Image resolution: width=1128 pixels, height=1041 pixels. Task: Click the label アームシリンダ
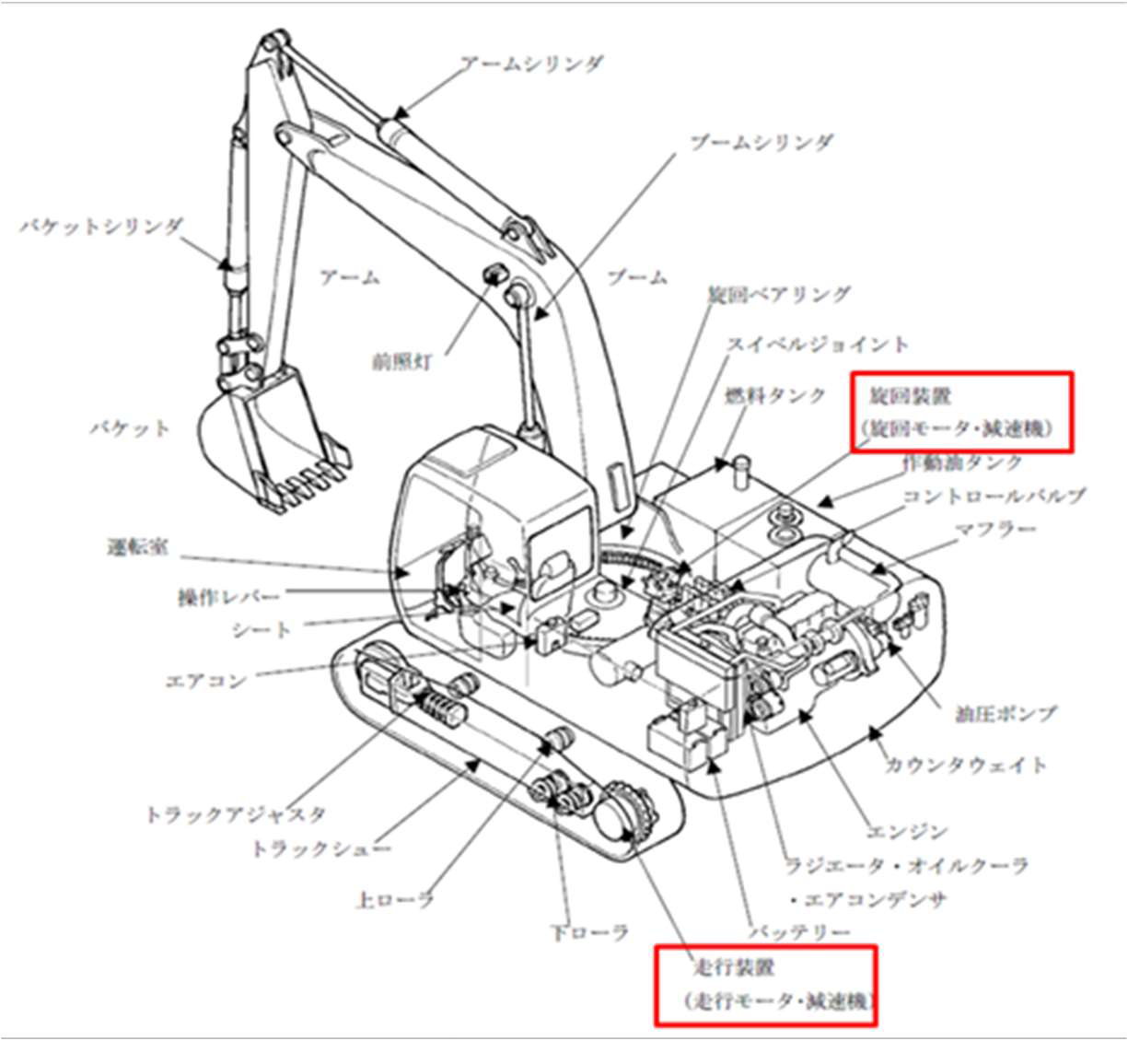coord(531,64)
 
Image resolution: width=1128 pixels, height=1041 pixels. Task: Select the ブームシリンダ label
coord(761,143)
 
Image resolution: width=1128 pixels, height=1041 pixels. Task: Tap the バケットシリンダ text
coord(102,226)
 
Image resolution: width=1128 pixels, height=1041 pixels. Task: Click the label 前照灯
coord(402,361)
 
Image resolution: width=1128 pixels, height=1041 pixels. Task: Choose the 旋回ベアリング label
coord(778,295)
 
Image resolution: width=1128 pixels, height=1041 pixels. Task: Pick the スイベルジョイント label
coord(817,345)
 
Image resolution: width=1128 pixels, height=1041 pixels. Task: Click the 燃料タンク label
coord(775,395)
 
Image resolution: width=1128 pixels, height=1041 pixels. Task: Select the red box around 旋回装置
coord(960,412)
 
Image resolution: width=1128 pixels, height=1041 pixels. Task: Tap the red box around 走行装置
coord(764,985)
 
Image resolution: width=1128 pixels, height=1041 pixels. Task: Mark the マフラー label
coord(994,530)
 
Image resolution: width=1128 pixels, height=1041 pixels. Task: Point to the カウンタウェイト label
coord(965,765)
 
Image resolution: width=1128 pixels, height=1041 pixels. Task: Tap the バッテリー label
coord(797,932)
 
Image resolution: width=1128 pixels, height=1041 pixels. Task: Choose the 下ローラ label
coord(589,932)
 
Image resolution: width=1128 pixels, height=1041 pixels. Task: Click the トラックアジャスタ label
coord(236,814)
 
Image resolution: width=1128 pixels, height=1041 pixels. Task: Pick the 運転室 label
coord(138,547)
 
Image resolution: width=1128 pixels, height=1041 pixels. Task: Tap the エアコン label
coord(205,681)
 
